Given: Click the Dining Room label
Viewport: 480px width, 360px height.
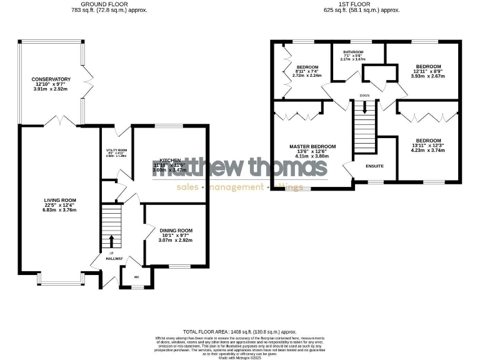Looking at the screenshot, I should coord(176,231).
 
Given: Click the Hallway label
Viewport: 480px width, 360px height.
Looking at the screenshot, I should coord(114,258).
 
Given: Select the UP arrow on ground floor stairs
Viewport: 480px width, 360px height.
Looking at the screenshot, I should coord(112,240).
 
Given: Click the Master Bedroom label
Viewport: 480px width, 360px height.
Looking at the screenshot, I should coord(312,146).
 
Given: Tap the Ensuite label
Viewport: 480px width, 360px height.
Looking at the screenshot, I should coord(374,165).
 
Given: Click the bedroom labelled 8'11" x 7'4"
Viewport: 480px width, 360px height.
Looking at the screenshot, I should coord(307,67).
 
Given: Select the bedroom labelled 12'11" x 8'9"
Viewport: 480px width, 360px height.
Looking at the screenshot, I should coord(429,66).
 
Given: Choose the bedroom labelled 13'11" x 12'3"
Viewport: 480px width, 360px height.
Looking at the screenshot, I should coord(429,140).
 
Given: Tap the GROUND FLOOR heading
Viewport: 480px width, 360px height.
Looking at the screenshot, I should coord(101,4).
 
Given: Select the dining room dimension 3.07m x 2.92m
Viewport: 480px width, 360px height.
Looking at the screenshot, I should coord(176,240).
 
